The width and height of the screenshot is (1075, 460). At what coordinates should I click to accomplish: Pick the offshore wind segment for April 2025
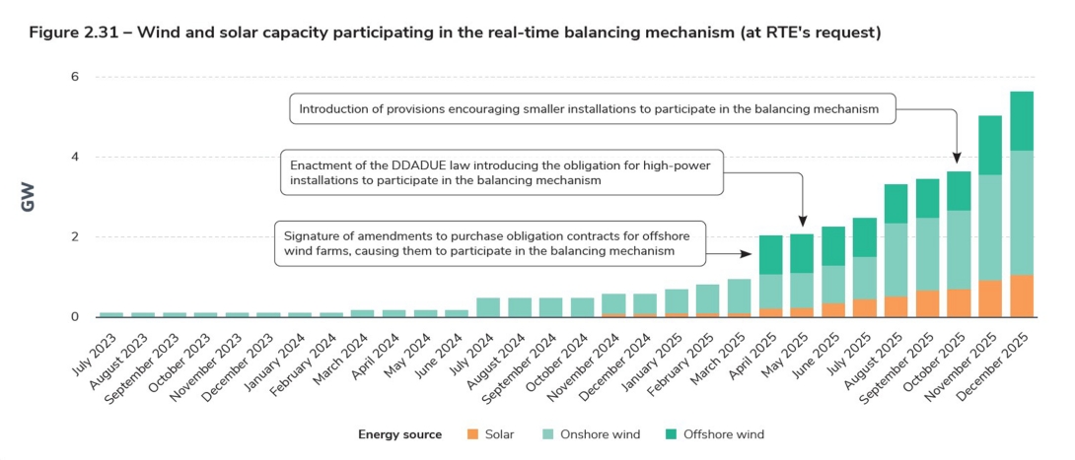pos(771,255)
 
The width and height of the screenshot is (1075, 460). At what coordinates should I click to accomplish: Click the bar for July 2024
pos(488,307)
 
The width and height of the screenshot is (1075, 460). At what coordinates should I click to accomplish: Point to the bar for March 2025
pos(740,296)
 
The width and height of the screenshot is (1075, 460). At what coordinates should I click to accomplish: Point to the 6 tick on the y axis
pos(74,77)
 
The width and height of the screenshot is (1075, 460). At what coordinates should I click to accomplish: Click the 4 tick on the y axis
pos(74,157)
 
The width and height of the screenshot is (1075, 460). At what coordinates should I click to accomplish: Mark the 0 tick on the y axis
pos(74,317)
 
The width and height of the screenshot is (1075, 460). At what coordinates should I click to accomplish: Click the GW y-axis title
pos(30,196)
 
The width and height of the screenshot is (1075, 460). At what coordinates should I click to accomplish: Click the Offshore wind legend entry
pos(716,434)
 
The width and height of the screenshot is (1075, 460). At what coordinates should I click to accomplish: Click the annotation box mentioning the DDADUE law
pos(501,168)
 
